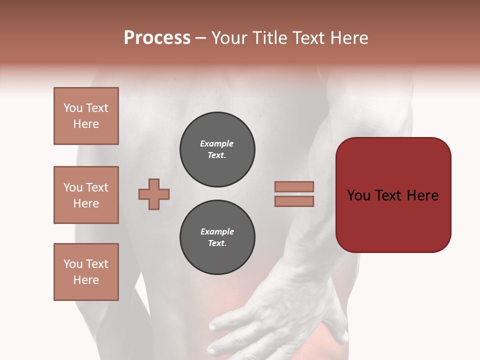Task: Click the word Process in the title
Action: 157,38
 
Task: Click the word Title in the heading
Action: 268,38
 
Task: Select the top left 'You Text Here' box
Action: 86,116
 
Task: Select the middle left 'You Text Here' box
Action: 86,195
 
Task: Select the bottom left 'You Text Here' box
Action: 86,272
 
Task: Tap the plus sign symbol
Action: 154,194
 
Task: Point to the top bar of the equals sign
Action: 294,186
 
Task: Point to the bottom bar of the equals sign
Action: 294,201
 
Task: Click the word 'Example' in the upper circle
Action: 216,143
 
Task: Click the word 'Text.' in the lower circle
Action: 217,243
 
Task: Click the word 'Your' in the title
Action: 230,38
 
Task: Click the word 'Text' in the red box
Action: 393,195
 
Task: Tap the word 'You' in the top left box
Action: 73,108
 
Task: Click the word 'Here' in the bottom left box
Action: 86,280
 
